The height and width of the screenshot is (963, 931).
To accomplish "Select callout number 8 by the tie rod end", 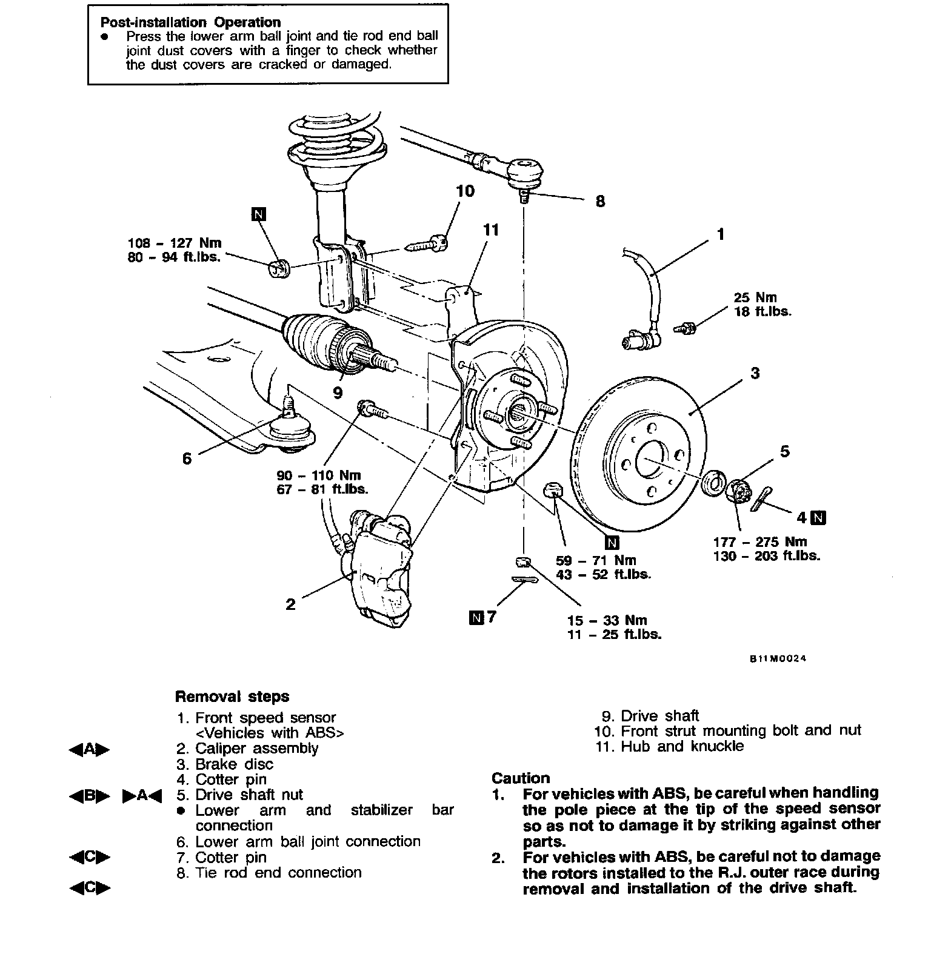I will click(x=600, y=201).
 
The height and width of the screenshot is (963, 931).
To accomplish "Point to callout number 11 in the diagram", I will click(x=491, y=230).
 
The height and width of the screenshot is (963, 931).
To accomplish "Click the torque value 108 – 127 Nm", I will click(x=175, y=243).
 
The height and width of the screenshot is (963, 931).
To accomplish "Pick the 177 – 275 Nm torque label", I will click(x=760, y=541).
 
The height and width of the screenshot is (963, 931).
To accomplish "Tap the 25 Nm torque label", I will click(x=755, y=297).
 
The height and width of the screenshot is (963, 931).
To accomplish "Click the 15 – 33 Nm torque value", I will click(x=607, y=620).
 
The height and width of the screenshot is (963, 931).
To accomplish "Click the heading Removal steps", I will click(x=232, y=697).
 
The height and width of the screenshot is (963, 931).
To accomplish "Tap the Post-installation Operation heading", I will click(x=190, y=22).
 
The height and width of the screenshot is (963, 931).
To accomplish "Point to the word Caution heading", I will click(x=521, y=778).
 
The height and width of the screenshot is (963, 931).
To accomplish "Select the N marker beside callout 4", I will click(x=819, y=517).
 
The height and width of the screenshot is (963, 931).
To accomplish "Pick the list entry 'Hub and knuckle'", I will click(x=682, y=746).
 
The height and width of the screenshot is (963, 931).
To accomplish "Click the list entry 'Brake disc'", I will click(x=234, y=764).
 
